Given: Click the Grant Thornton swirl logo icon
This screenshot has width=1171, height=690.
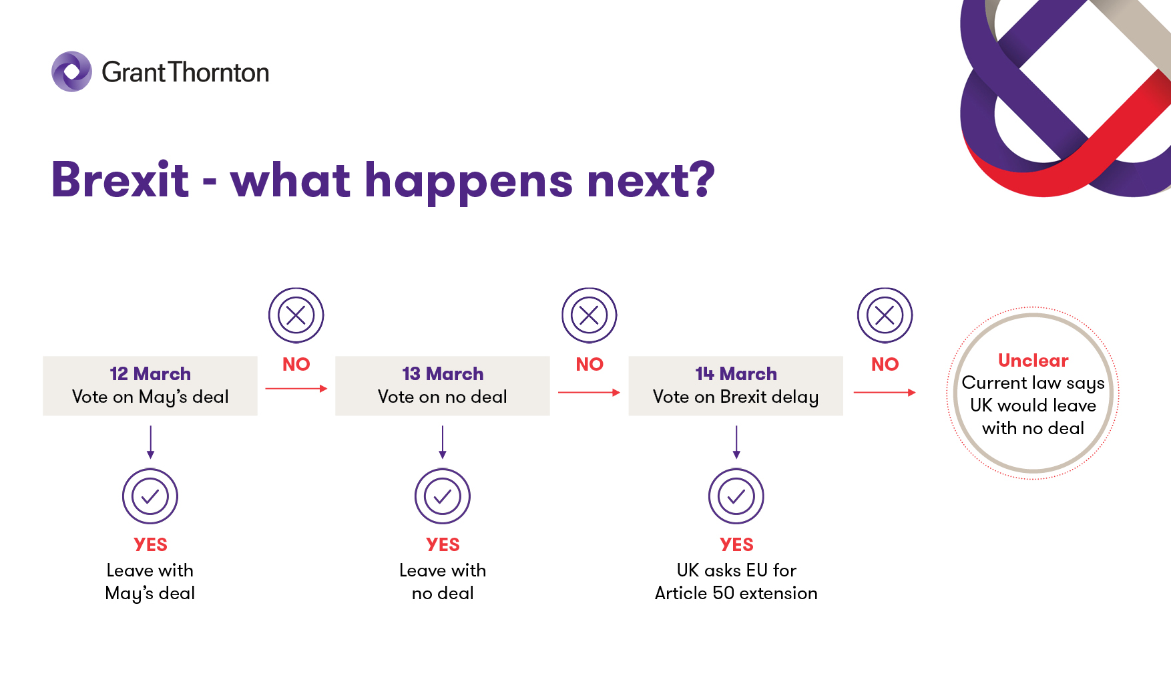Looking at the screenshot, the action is pos(71,71).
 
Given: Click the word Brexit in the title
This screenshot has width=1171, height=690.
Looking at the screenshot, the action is pos(120,180).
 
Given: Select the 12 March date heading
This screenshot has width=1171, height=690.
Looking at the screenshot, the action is pos(150,373).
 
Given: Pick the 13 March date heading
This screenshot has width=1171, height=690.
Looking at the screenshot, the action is pos(443,373).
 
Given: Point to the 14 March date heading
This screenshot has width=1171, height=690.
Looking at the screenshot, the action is pos(736,373).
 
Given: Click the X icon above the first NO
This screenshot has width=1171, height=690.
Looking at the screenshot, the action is pos(296,315).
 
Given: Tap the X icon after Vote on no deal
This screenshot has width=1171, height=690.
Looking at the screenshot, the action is pos(590,315).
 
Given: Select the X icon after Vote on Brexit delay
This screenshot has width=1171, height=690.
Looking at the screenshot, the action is pos(885,315).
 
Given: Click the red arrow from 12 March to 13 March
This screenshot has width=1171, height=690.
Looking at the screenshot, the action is pos(296,388).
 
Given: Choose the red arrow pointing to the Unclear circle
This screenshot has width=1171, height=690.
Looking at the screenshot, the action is pos(885,392).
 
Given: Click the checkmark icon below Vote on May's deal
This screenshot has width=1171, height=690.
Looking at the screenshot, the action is pos(150,496).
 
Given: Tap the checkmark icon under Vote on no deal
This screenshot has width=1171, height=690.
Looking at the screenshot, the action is pos(443,496).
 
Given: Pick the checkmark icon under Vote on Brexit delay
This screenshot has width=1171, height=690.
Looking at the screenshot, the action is pos(736,496).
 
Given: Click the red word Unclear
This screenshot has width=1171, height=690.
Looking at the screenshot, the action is pos(1033,360).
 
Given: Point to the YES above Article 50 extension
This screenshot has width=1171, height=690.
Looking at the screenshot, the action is pos(736,544).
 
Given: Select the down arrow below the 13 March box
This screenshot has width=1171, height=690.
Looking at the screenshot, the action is pos(443,442).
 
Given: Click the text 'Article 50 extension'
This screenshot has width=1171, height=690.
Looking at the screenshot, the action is pos(736,593).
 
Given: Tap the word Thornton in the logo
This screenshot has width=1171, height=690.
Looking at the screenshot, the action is pos(218,72).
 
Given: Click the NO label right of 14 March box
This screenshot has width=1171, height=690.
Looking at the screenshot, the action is pos(885,364).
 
